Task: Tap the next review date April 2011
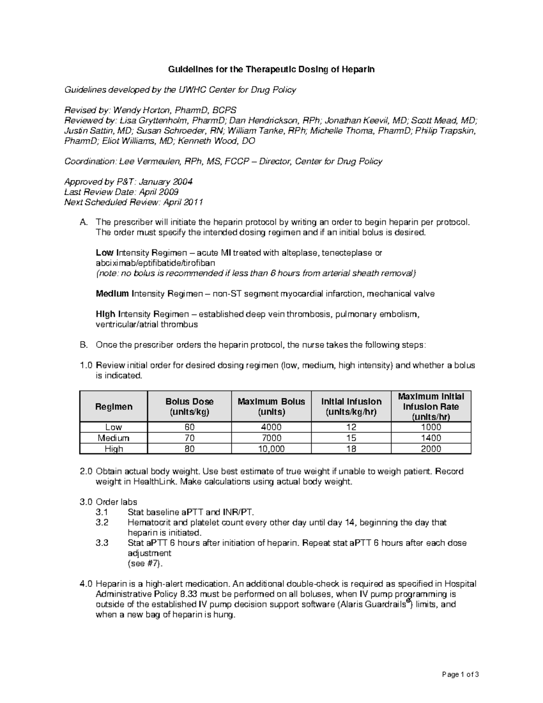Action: (182, 202)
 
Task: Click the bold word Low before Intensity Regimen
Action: (105, 253)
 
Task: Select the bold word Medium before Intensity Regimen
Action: (112, 294)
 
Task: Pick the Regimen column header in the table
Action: (114, 406)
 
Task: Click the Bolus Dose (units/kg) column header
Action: (189, 406)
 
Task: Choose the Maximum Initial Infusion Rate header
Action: (430, 406)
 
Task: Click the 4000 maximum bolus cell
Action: (271, 427)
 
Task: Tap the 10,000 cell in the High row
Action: (271, 449)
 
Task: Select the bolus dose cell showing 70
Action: (189, 438)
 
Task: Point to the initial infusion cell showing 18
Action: (351, 449)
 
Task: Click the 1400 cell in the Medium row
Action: (430, 438)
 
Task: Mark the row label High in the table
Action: (114, 449)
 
